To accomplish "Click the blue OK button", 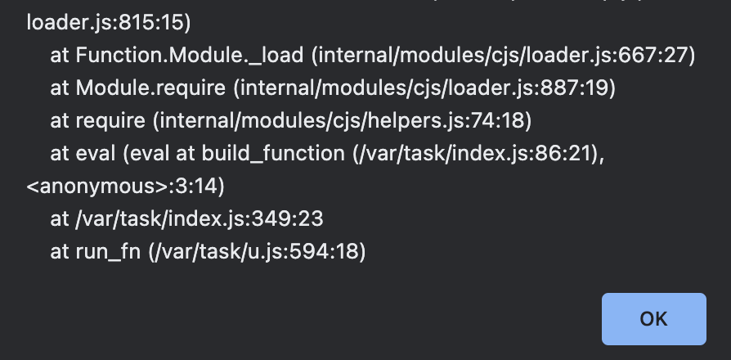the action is [x=653, y=319].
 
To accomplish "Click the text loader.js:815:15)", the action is [x=109, y=23].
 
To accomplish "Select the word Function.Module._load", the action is [x=189, y=56].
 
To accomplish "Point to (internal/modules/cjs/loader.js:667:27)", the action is [x=504, y=56].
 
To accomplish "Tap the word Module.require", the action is [x=150, y=88].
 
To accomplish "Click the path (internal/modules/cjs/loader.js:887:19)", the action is [x=424, y=88].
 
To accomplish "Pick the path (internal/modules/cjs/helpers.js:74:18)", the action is [x=342, y=121].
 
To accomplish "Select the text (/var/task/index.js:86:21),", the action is [x=478, y=154].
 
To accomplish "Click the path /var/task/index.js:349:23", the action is [x=199, y=219].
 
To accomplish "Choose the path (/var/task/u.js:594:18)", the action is [x=258, y=252].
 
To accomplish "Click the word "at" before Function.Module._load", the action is [x=60, y=56].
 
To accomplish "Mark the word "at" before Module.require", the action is [x=60, y=88].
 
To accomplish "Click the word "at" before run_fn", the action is [x=60, y=252].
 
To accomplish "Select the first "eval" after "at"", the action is [x=96, y=154].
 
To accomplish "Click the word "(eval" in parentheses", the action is [x=146, y=154].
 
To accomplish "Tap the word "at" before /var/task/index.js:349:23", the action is [x=60, y=219].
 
